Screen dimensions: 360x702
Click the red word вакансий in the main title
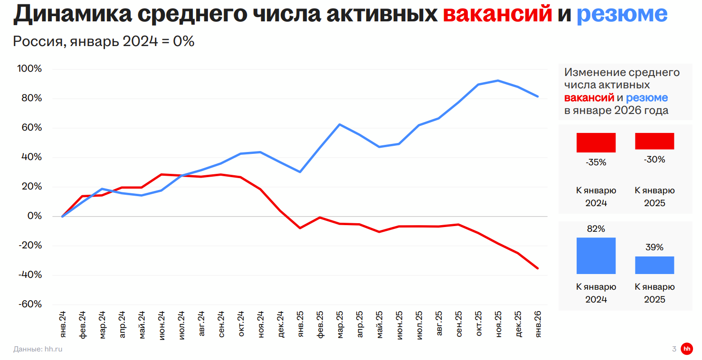coord(497,15)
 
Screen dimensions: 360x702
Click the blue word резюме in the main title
coord(622,15)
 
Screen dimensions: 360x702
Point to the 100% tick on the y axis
coord(29,69)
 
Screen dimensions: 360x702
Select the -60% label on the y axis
coord(29,304)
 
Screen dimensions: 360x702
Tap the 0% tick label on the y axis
coord(34,216)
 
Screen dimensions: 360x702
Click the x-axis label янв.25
coord(300,324)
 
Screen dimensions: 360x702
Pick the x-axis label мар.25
coord(340,325)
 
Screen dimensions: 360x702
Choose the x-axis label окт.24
coord(241,324)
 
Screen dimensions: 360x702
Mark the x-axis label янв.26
coord(538,324)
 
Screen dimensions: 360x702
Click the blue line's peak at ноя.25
coord(498,80)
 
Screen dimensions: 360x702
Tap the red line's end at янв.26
coord(538,268)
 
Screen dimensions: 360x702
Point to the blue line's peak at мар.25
coord(340,124)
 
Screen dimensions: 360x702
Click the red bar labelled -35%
coord(596,142)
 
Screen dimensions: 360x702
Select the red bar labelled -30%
coord(655,141)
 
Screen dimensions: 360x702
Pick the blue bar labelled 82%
coord(596,256)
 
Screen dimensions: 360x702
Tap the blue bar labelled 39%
coord(655,265)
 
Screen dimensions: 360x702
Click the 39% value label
coord(655,247)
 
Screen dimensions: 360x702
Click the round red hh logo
coord(687,349)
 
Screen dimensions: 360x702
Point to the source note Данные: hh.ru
coord(38,349)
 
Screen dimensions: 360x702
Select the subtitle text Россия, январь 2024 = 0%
coord(104,41)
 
